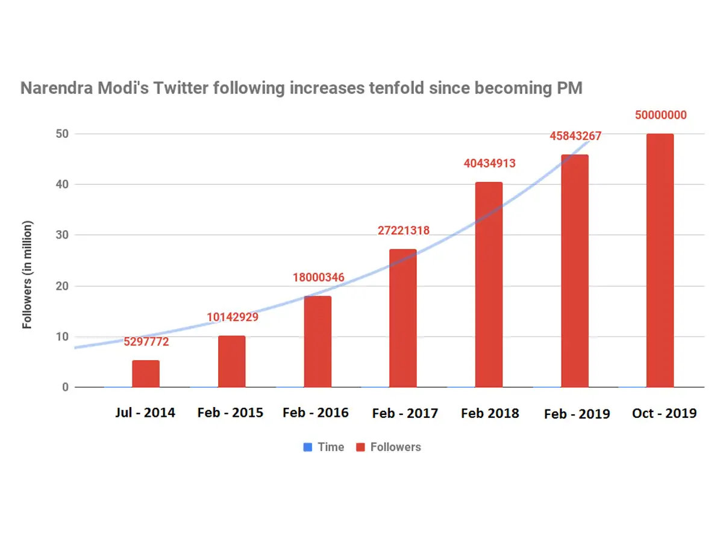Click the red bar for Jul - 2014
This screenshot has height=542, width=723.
pyautogui.click(x=146, y=373)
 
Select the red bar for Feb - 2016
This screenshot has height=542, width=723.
pyautogui.click(x=318, y=341)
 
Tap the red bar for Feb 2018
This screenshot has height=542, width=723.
pyautogui.click(x=489, y=284)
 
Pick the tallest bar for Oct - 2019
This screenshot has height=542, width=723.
pyautogui.click(x=660, y=260)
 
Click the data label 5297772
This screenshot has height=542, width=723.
pyautogui.click(x=146, y=342)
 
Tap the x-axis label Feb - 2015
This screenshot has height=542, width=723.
pyautogui.click(x=230, y=413)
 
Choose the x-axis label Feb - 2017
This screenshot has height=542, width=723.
pyautogui.click(x=405, y=414)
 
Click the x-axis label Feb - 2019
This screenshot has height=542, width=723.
pyautogui.click(x=577, y=414)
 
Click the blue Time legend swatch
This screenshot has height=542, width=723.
pyautogui.click(x=308, y=447)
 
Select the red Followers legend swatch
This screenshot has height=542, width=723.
pyautogui.click(x=360, y=447)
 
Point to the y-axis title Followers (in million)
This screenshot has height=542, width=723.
pyautogui.click(x=27, y=275)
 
